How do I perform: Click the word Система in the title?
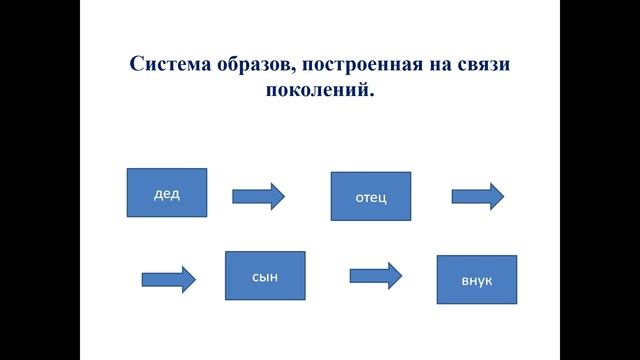coord(169,64)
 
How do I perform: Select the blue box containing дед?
coord(167,193)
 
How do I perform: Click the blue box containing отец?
coord(370,196)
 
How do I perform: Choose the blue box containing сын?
coord(265,275)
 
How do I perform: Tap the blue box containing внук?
coord(477,280)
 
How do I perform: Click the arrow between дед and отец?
coord(258,196)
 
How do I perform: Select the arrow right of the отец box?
coord(478,196)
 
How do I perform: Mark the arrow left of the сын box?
coord(168,278)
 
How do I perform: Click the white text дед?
coord(167,194)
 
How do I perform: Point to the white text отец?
coord(370,197)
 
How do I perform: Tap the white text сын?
coord(265,275)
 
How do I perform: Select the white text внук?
coord(477,281)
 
